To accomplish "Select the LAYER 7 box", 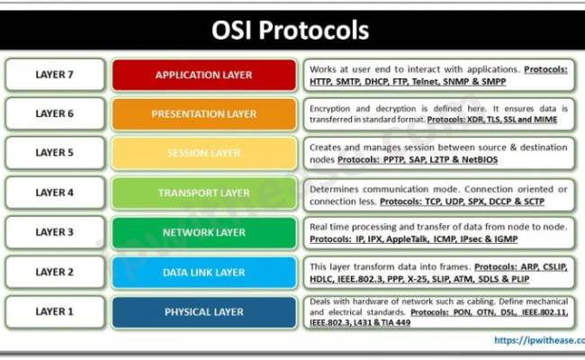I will point(54,75).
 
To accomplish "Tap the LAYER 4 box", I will point(54,193).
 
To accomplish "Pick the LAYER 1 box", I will point(54,311).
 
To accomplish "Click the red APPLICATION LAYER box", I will point(203,75).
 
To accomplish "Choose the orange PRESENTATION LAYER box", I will point(203,114).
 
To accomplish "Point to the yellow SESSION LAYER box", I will point(203,154).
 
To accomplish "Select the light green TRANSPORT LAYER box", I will point(203,193).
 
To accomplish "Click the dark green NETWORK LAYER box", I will point(203,232).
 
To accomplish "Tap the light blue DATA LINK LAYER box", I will point(203,272).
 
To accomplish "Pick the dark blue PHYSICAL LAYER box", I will point(203,311).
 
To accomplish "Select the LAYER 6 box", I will point(54,114).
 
